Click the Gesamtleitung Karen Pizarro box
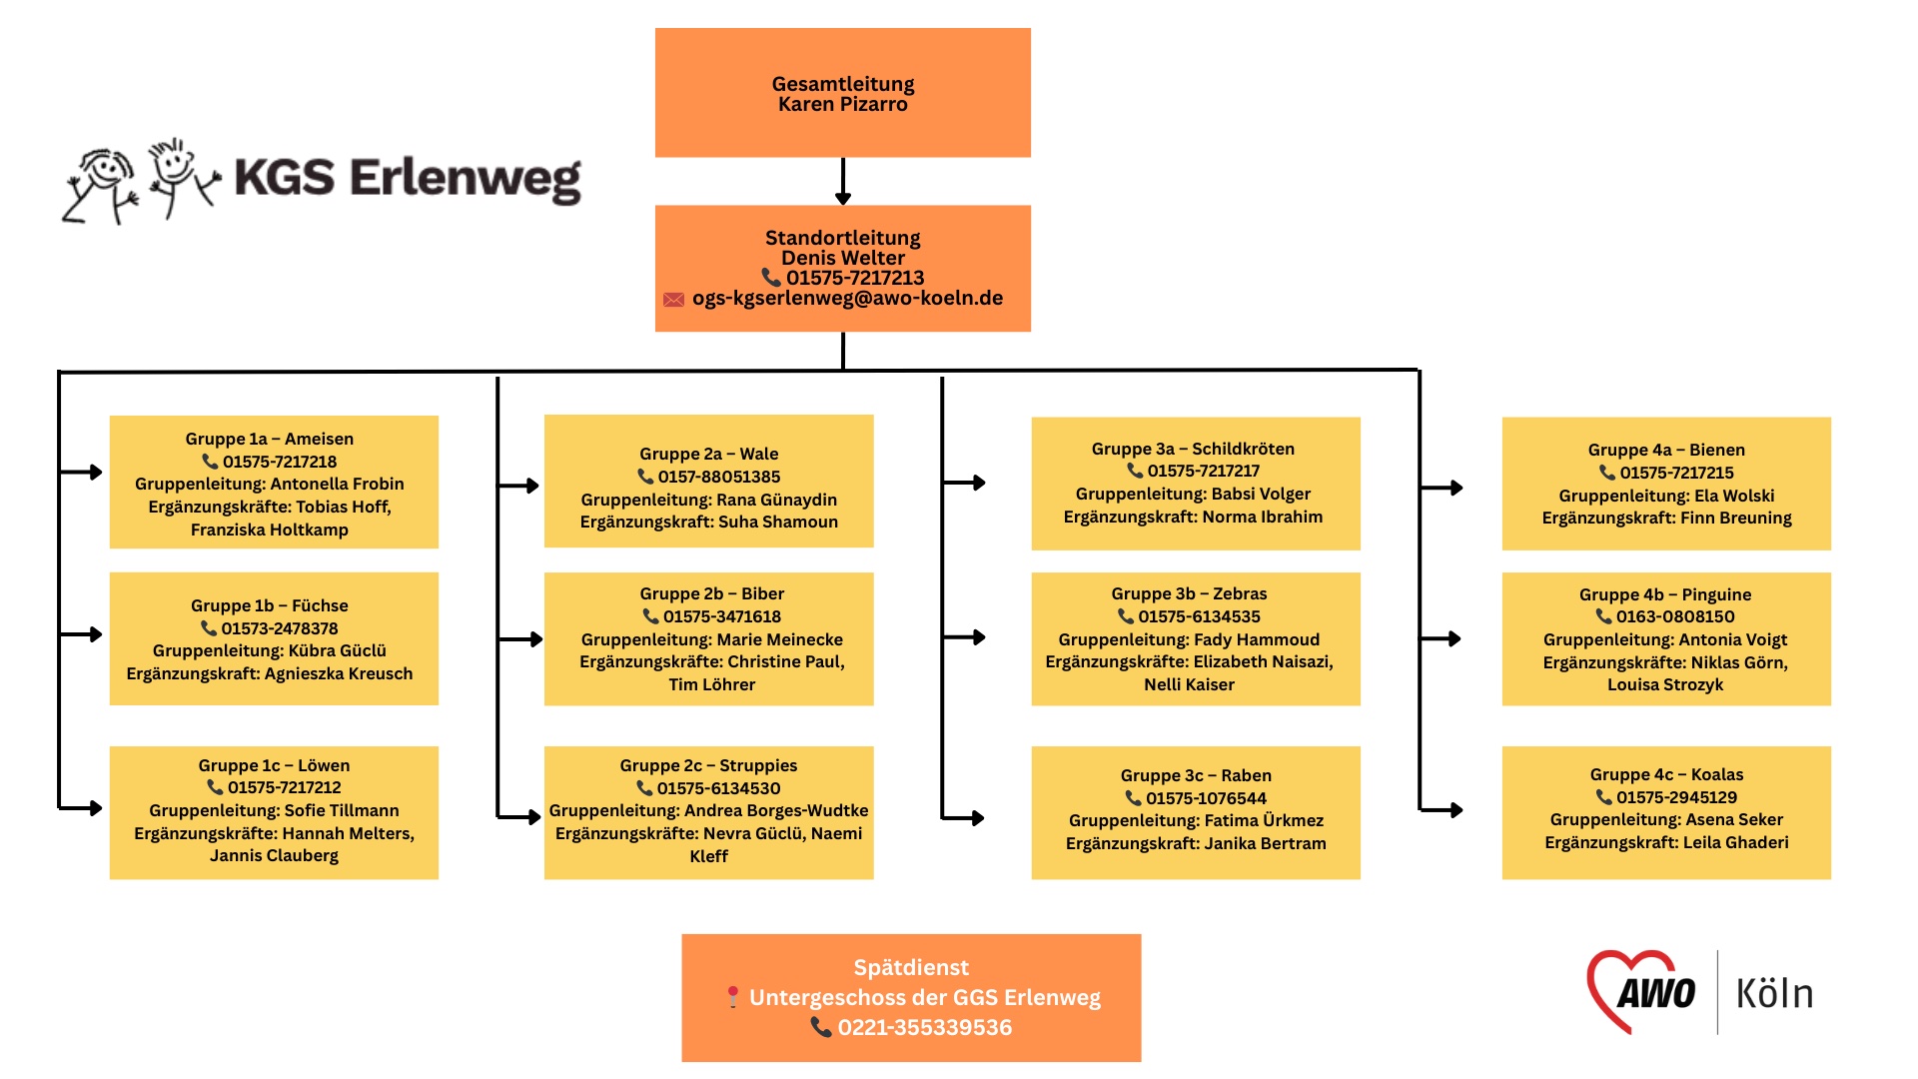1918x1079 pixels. tap(842, 92)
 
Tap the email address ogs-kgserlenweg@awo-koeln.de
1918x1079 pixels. tap(847, 298)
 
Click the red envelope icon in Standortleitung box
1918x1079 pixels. tap(674, 299)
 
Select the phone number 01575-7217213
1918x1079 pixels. tap(855, 278)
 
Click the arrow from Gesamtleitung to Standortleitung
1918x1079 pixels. tap(843, 181)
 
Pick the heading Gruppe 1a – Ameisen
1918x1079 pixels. tap(269, 439)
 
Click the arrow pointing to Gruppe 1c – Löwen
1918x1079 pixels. tap(81, 807)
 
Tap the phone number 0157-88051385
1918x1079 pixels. tap(719, 477)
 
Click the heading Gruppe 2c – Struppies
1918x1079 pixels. tap(708, 765)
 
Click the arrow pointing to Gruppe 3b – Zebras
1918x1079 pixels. tap(964, 637)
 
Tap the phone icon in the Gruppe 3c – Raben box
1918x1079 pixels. tap(1133, 798)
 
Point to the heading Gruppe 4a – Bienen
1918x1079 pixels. tap(1666, 450)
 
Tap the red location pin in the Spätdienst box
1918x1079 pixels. tap(732, 997)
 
